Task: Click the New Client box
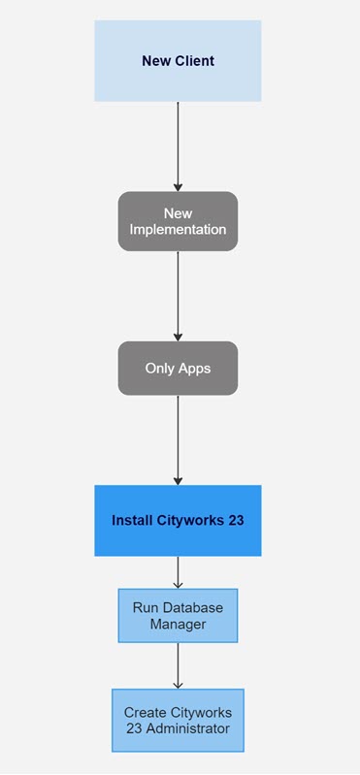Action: (178, 61)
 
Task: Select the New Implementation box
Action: (178, 221)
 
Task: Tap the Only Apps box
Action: (178, 369)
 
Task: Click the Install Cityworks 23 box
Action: (178, 521)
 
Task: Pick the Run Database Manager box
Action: (178, 616)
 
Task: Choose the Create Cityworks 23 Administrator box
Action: (178, 721)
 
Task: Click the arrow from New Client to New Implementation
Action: (178, 145)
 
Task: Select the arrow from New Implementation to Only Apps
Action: (178, 296)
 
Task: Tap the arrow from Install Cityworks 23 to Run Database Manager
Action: (178, 572)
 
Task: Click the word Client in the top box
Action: (194, 61)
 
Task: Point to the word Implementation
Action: (178, 230)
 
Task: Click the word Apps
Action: (194, 369)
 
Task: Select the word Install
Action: (131, 521)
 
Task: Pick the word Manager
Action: (178, 625)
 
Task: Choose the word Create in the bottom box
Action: (145, 712)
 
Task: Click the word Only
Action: (159, 369)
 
